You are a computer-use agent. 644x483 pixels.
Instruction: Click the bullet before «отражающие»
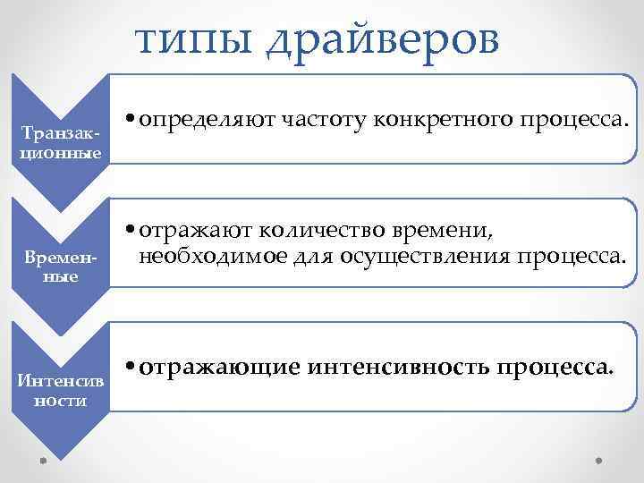tap(131, 368)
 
